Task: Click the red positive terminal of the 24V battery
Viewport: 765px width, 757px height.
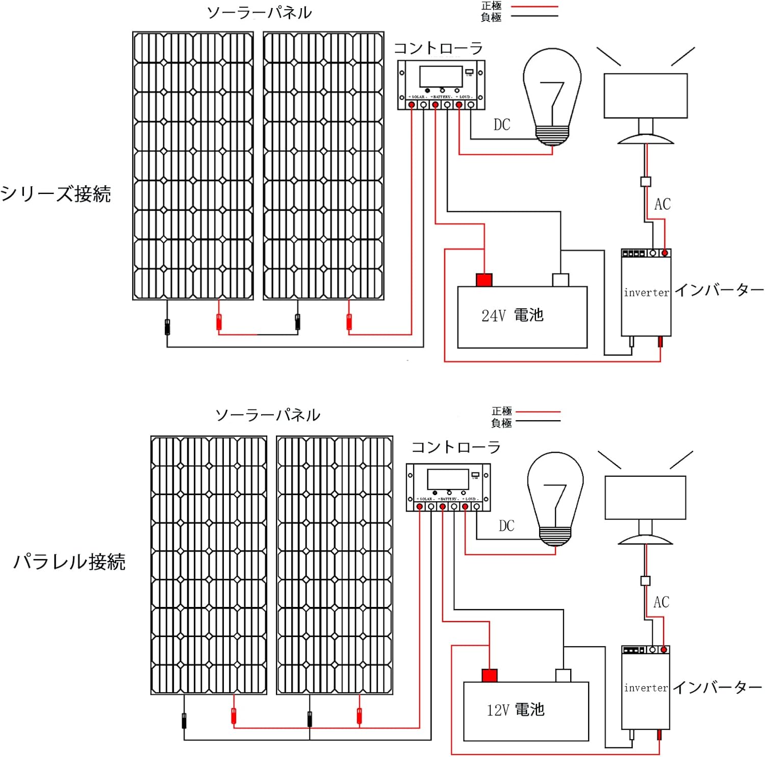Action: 484,280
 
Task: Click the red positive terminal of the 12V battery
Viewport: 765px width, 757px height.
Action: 490,675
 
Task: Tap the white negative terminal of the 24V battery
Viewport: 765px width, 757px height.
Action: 560,280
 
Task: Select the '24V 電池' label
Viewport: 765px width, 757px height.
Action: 513,315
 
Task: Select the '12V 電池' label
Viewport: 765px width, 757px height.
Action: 516,710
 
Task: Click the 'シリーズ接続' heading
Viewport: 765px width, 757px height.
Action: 56,194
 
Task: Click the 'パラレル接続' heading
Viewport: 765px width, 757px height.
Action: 69,561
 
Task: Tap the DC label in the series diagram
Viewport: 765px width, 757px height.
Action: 502,125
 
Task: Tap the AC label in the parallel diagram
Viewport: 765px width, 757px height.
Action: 661,602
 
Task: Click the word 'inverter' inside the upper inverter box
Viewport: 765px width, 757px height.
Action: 646,292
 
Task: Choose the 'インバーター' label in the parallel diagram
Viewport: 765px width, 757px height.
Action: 718,688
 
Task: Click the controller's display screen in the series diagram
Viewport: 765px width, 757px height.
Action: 441,77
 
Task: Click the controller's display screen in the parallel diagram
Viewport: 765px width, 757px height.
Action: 448,479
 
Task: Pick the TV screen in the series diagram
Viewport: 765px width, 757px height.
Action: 645,96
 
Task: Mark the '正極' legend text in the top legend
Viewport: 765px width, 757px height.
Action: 491,6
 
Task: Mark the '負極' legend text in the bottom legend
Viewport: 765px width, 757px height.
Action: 501,423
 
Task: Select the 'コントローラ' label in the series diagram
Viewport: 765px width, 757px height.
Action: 438,48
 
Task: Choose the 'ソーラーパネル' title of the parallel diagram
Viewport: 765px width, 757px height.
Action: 268,415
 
